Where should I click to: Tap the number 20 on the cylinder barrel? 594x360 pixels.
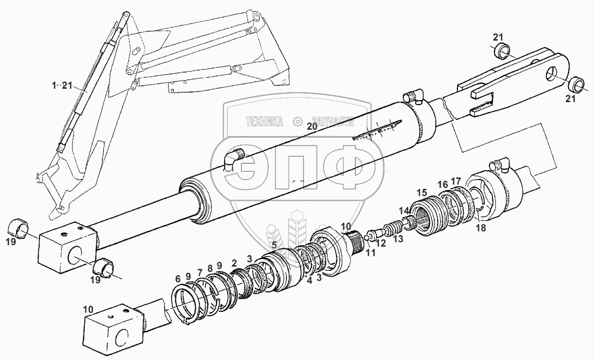click(312, 126)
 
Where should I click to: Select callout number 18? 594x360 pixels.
click(481, 228)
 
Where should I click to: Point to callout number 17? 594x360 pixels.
click(456, 181)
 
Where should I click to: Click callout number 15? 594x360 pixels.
click(421, 193)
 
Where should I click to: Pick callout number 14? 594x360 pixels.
click(404, 210)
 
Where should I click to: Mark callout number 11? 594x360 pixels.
click(370, 253)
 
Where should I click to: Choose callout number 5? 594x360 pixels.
click(274, 245)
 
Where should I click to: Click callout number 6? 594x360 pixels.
click(177, 278)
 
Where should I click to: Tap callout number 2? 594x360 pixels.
click(234, 263)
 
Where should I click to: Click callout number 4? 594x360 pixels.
click(309, 281)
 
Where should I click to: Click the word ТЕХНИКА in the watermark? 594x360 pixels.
click(264, 122)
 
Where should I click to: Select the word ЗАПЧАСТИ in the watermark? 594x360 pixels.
click(332, 122)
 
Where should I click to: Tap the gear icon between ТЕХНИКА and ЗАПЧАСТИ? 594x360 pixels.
click(298, 122)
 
